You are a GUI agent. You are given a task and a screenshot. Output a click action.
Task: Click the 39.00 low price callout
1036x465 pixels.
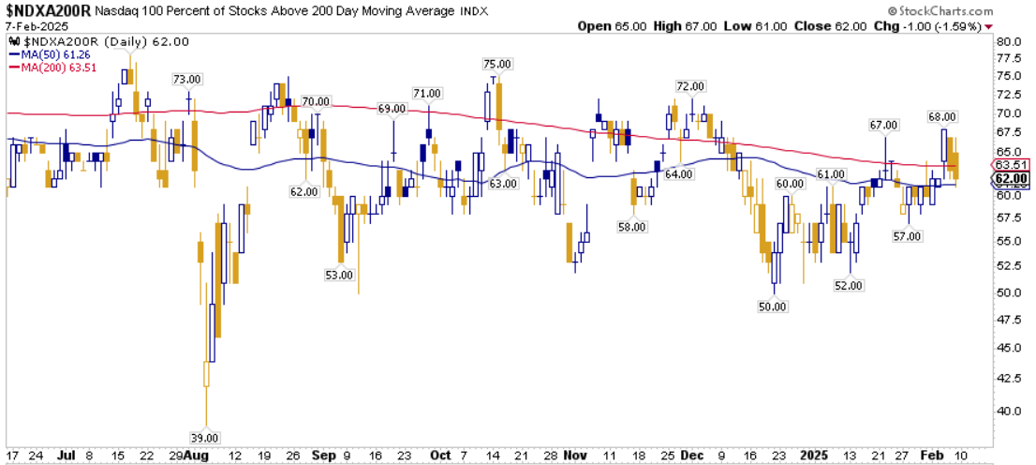tap(205, 437)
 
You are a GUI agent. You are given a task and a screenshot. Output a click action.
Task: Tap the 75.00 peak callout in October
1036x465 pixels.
tap(497, 64)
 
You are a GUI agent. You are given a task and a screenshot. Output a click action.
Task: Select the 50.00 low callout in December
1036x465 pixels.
tap(774, 307)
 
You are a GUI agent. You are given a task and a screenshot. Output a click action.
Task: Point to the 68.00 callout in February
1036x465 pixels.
tap(941, 116)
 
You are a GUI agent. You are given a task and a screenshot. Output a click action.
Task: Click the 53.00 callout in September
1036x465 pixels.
tap(338, 275)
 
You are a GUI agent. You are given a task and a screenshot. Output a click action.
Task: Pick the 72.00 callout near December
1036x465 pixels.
tap(690, 86)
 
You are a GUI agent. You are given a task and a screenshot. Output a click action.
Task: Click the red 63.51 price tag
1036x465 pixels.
tap(1014, 166)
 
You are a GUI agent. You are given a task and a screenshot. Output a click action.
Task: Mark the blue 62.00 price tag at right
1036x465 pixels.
tap(1014, 179)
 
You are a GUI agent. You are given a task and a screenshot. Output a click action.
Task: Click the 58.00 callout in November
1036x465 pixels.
tap(632, 227)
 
